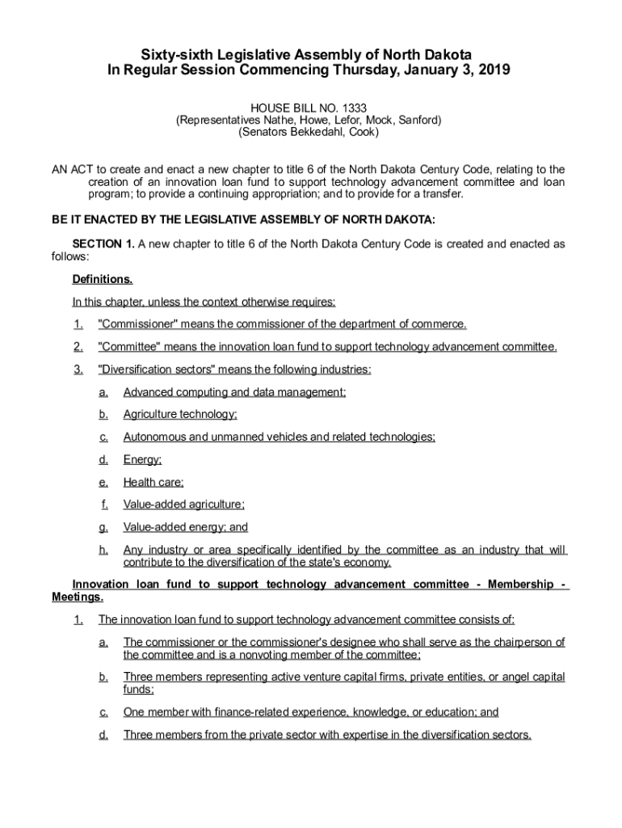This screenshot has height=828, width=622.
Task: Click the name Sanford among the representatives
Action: [x=418, y=119]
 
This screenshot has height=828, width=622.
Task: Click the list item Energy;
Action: [x=142, y=460]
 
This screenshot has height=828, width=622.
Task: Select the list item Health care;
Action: [x=153, y=483]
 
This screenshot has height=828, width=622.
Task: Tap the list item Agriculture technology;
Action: [x=180, y=415]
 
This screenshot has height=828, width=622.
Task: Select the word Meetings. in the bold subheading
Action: [x=78, y=598]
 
